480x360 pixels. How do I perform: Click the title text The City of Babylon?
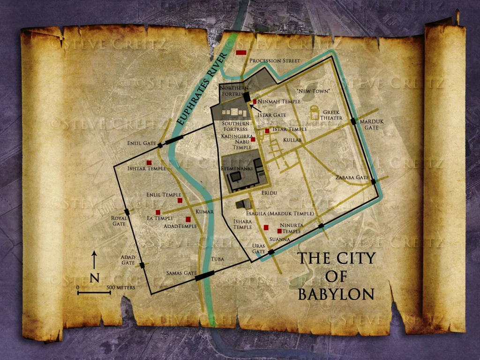(x=337, y=276)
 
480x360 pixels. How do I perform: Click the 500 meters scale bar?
(x=94, y=293)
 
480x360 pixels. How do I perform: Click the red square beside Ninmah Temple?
(x=255, y=101)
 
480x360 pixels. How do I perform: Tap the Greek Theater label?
(x=331, y=115)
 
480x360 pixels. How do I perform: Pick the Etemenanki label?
(x=237, y=167)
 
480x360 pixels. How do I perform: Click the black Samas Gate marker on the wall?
(x=204, y=276)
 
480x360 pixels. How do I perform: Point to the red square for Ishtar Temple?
(x=149, y=163)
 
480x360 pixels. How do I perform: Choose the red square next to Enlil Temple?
(x=180, y=201)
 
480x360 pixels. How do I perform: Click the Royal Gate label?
(x=119, y=221)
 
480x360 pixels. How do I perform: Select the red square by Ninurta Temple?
(x=279, y=231)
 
